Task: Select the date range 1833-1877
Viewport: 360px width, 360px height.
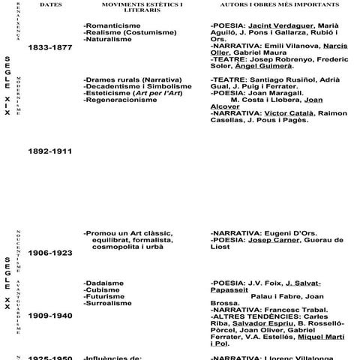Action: coord(49,47)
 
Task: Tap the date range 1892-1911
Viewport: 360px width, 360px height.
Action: coord(49,151)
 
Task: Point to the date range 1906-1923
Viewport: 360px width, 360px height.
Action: coord(49,253)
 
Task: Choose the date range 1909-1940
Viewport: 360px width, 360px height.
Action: coord(49,316)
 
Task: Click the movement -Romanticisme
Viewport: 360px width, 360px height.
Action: coord(112,25)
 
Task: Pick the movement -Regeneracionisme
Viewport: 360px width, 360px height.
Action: coord(120,100)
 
